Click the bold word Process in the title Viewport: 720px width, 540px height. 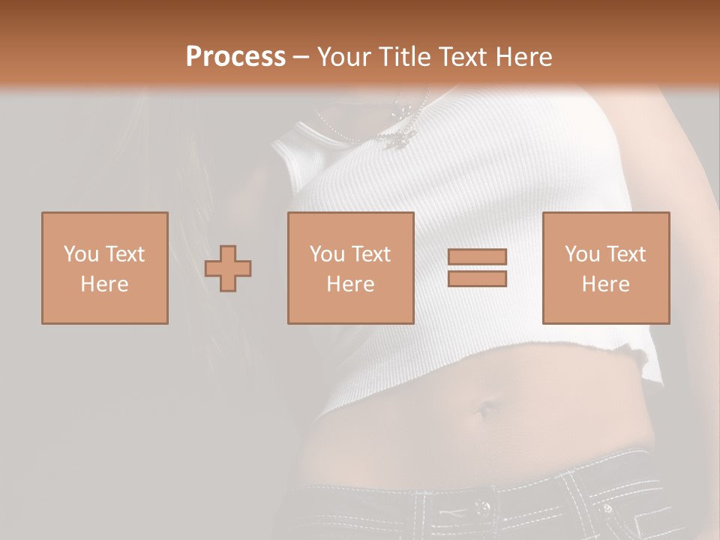pos(235,57)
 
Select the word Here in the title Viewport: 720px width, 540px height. pos(523,57)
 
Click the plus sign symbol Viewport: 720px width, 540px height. pos(228,268)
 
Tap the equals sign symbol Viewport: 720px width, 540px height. pos(477,268)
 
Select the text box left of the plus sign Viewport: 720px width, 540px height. pos(105,268)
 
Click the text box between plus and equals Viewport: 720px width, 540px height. pos(350,268)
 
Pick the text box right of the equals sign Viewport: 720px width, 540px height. pos(606,268)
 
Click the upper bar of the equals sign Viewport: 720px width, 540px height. pos(477,257)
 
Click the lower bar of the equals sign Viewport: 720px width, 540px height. pos(477,279)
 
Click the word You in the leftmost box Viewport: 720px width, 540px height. pos(80,254)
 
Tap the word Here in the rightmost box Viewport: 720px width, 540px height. pos(606,284)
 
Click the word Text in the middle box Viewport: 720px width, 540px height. pos(372,254)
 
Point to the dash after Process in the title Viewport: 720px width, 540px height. pos(301,57)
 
